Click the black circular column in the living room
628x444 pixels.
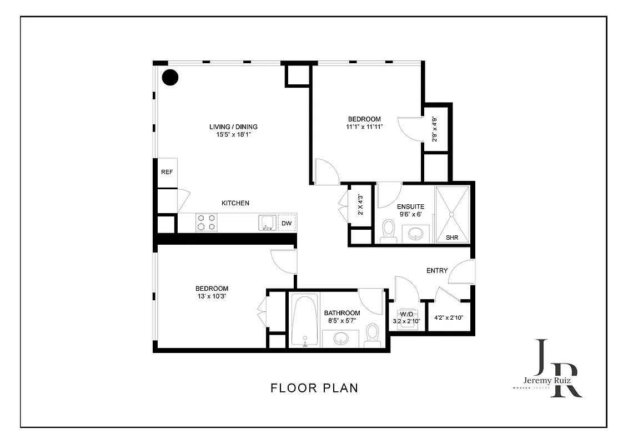click(x=170, y=77)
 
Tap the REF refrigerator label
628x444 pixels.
click(x=167, y=172)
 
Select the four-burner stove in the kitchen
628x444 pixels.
click(x=205, y=223)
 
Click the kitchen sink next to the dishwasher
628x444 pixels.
click(x=267, y=223)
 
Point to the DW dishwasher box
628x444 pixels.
click(x=287, y=223)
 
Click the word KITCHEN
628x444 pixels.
click(x=235, y=203)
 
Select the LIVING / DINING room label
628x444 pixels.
click(x=233, y=127)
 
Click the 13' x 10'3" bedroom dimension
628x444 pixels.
click(x=211, y=296)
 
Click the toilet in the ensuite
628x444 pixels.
click(x=389, y=231)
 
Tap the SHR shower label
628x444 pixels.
click(x=453, y=238)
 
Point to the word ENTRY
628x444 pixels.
click(x=437, y=271)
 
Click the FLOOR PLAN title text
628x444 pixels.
click(x=314, y=388)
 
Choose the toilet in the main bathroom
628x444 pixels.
click(x=372, y=335)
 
